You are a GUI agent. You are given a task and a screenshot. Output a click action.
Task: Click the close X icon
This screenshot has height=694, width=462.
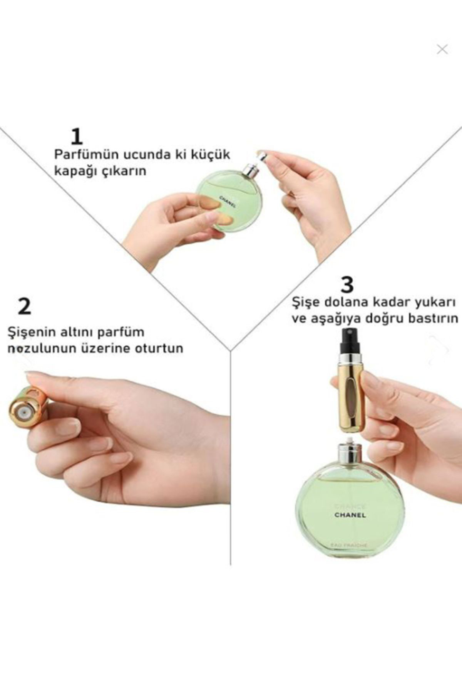442,49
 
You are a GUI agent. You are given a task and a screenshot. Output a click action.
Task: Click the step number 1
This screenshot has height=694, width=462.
77,137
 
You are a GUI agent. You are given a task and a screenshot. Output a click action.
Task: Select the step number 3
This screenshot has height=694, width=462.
347,285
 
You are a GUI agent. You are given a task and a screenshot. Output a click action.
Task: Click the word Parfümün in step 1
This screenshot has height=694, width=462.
87,155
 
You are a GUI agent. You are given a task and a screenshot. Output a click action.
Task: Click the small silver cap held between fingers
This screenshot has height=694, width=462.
262,157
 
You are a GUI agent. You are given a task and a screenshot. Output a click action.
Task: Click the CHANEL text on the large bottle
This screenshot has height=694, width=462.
350,515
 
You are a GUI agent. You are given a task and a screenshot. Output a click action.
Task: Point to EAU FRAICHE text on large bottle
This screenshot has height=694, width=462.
349,545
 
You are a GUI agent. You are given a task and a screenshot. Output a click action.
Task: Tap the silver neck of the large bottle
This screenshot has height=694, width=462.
350,453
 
